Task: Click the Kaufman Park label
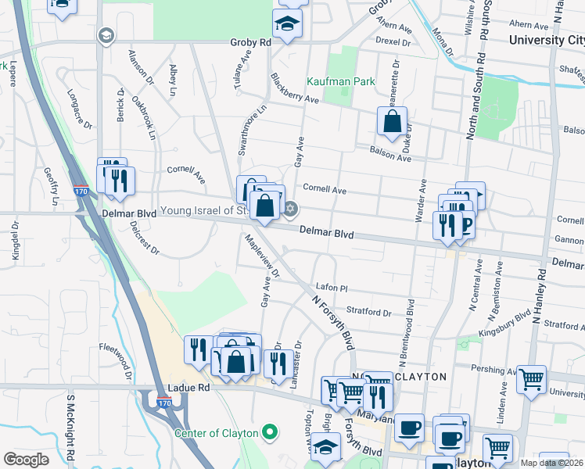[341, 81]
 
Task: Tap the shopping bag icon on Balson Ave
[392, 122]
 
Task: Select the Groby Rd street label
[250, 42]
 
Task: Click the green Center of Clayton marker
[271, 431]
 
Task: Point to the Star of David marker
[291, 208]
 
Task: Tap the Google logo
[26, 460]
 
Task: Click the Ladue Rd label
[189, 388]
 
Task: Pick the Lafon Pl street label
[331, 287]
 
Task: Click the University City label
[546, 40]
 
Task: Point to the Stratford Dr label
[368, 312]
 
